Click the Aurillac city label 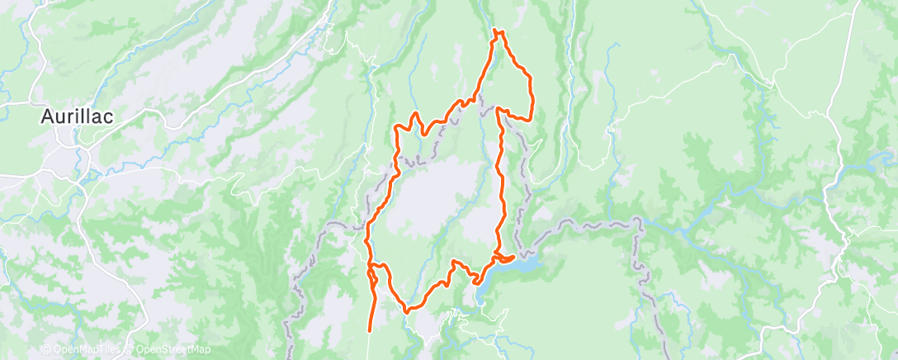pos(77,117)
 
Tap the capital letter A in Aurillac pos(48,117)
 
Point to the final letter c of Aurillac pos(108,117)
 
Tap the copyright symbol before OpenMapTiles pos(48,350)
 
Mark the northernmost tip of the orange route pos(497,31)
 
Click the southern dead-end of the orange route pos(368,331)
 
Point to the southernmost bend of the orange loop pos(407,312)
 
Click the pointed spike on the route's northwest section pos(417,113)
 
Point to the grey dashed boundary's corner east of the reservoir pos(636,220)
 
